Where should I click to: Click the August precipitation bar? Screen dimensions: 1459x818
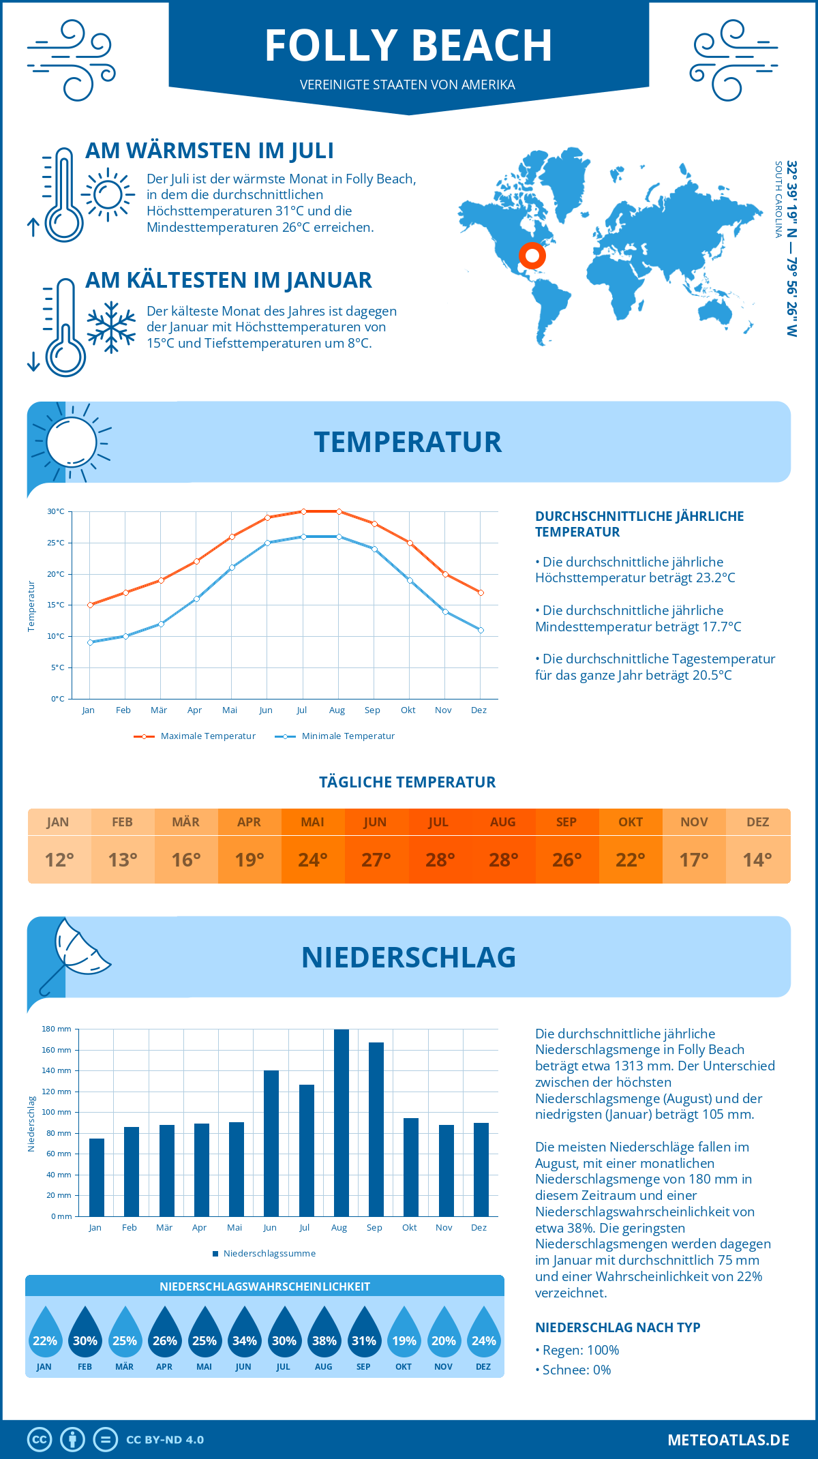coord(341,1123)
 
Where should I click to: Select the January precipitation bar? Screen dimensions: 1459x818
coord(97,1177)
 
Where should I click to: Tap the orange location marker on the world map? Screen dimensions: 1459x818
coord(532,256)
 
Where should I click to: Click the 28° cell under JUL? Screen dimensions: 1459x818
coord(440,860)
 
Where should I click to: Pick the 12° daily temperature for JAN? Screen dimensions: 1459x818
coord(59,860)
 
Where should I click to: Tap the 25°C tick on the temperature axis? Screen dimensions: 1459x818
coord(56,543)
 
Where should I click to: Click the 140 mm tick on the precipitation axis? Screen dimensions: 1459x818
coord(57,1070)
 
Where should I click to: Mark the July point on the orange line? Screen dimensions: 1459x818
coord(303,511)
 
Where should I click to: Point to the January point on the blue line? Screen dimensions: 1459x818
coord(90,642)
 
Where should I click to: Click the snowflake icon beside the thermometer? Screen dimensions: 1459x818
coord(111,327)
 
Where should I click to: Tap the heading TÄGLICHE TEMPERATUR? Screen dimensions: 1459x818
coord(408,782)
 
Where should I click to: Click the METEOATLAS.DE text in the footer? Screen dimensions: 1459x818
coord(728,1440)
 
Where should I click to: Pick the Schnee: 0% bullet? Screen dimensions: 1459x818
coord(575,1370)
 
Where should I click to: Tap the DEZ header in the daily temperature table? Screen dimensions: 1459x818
coord(757,822)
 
